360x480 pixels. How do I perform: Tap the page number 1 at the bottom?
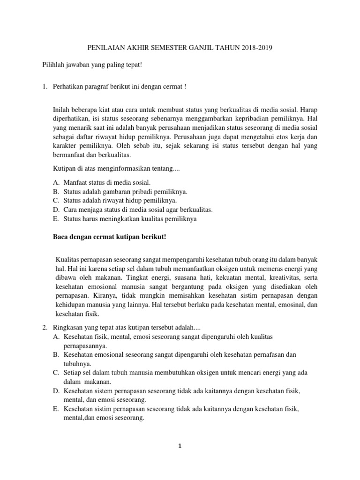180,447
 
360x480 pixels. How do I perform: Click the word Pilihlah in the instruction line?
53,64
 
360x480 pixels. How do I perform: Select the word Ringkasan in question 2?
69,328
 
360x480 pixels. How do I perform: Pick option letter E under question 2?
56,410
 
